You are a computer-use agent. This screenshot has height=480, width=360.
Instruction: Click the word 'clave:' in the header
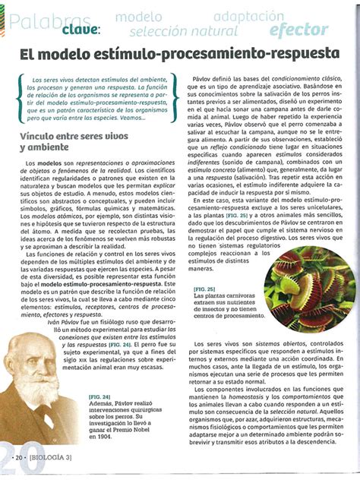73,29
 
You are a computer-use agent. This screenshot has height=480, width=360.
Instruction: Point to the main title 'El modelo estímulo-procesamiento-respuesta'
179,56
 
